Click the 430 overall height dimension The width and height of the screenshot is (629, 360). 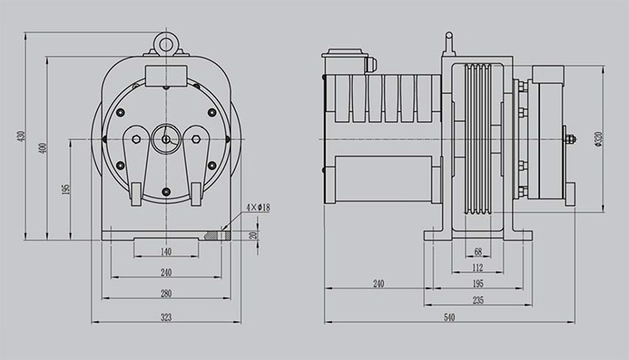[23, 136]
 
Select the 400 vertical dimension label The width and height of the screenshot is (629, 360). [44, 148]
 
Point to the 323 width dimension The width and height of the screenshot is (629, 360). [166, 318]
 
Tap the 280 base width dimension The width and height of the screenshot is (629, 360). [166, 293]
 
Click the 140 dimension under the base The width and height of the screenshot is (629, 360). [166, 252]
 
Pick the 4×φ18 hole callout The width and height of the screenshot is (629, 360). [258, 208]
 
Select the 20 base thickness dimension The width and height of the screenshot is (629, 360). [252, 235]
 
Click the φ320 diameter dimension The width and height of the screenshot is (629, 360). [599, 138]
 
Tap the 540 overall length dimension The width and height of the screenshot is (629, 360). [449, 318]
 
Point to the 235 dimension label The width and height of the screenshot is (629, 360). [478, 300]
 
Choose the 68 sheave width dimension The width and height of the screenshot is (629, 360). [478, 252]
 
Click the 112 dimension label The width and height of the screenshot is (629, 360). [478, 268]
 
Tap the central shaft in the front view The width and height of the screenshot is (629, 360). [166, 138]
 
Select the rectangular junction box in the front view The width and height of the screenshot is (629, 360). [166, 75]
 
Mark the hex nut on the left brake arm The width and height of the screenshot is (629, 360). [136, 138]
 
